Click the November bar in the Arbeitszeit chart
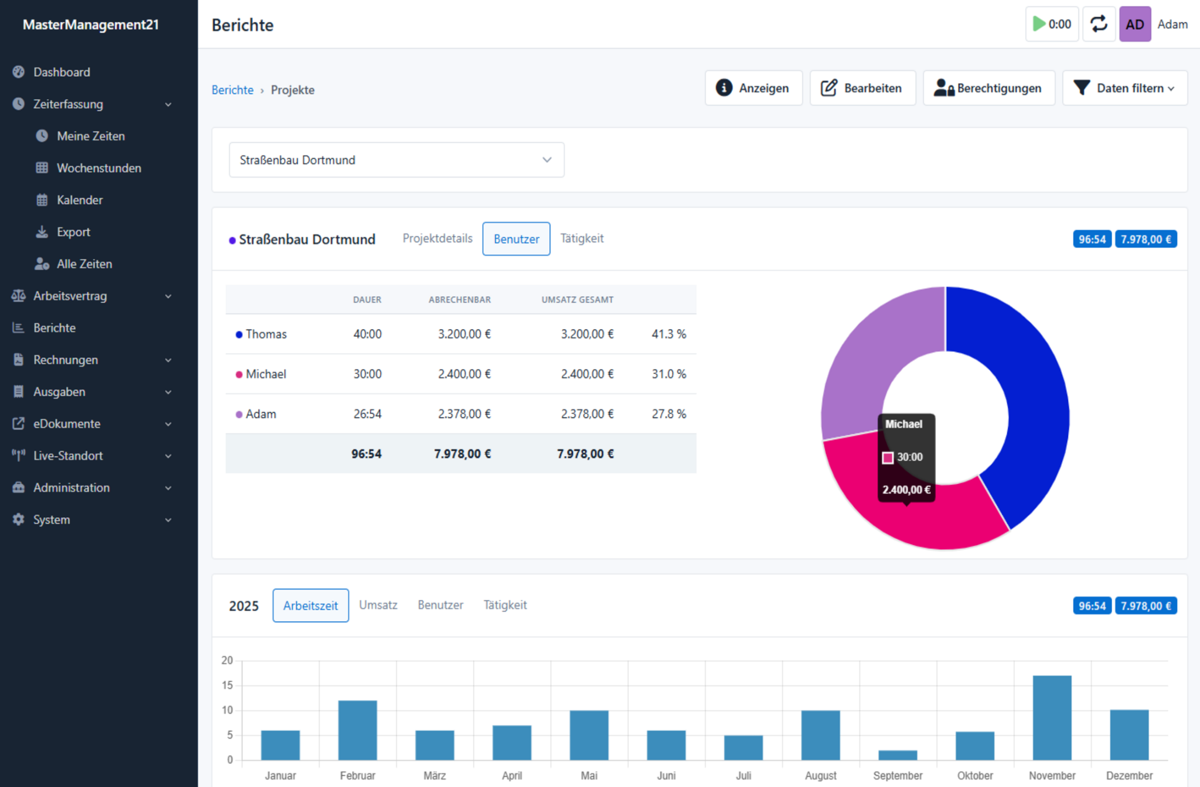pos(1052,718)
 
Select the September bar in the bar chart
pos(898,755)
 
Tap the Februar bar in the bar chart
pos(357,730)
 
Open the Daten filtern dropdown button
pos(1125,88)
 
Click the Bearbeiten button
pos(862,88)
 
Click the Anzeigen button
pos(754,88)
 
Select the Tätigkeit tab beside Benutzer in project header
pos(582,238)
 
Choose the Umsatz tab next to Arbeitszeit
pos(378,605)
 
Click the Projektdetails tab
pos(437,238)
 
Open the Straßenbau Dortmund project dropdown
pos(397,160)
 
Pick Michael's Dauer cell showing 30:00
pos(367,374)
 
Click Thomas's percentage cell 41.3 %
pos(669,334)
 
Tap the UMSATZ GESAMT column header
pos(577,300)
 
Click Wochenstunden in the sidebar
pos(99,168)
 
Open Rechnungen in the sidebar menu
pos(66,360)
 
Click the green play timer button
pos(1052,24)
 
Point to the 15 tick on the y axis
pos(227,685)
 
